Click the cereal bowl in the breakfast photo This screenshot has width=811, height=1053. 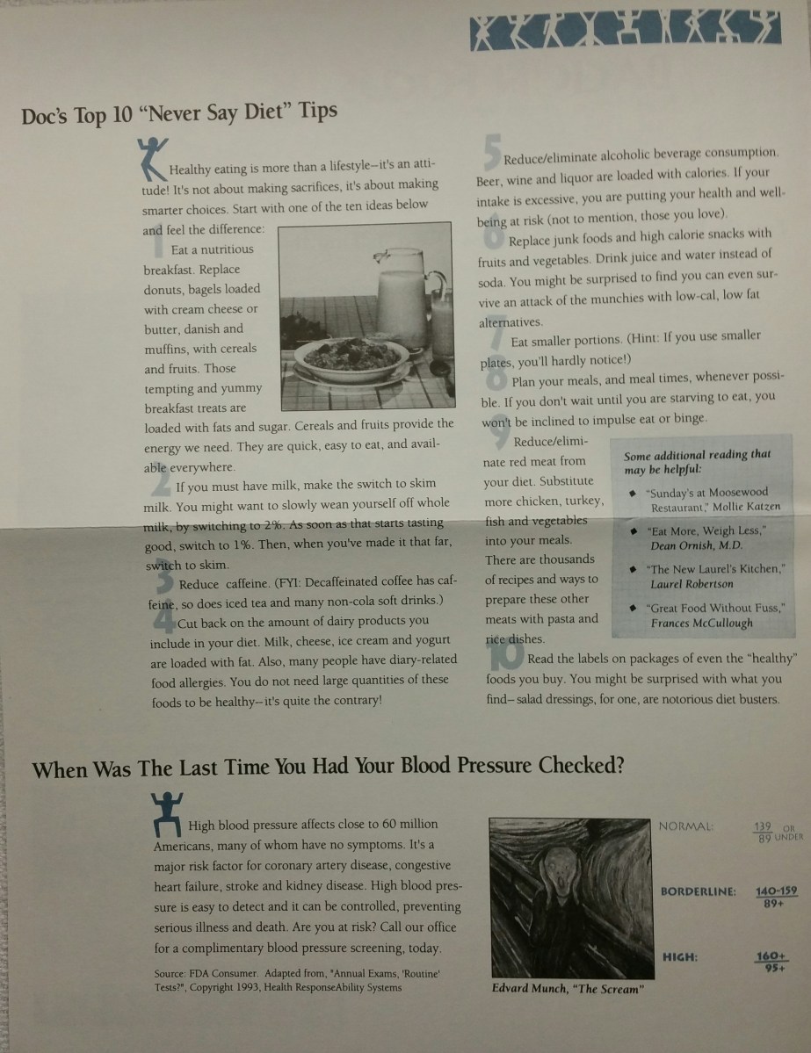point(351,358)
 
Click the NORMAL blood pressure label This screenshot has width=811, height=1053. point(685,826)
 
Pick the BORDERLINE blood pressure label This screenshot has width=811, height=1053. point(699,891)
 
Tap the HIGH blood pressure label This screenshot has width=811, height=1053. point(680,957)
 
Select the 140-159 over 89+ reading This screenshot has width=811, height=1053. point(776,898)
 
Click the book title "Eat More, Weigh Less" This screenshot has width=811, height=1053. point(707,530)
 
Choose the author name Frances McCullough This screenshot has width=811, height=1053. point(701,624)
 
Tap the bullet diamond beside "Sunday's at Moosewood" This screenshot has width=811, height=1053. point(632,494)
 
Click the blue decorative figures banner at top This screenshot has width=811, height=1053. point(626,30)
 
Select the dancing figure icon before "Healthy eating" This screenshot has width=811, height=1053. point(153,158)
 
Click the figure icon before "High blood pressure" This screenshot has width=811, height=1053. point(166,814)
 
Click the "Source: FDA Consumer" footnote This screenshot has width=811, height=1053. point(296,980)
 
